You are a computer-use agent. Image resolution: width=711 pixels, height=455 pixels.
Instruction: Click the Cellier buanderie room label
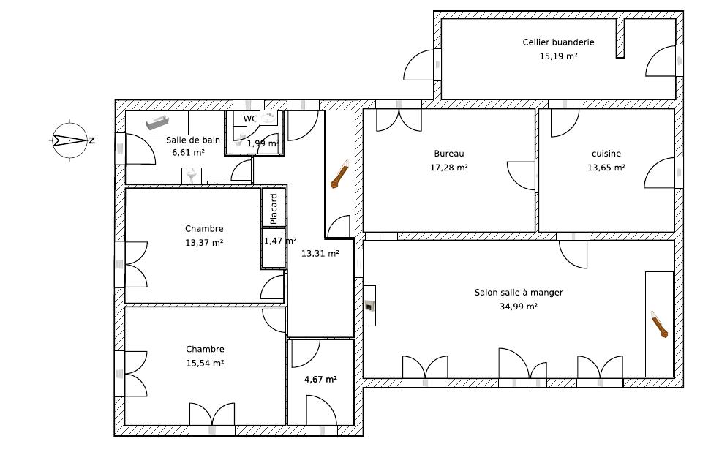pyautogui.click(x=558, y=42)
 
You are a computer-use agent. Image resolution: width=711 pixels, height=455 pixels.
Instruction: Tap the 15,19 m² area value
pyautogui.click(x=558, y=56)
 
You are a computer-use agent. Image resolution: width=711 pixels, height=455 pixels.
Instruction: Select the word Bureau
pyautogui.click(x=449, y=154)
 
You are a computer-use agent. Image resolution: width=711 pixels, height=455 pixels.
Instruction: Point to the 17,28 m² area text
pyautogui.click(x=449, y=168)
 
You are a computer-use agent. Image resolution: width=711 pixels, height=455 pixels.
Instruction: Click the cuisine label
pyautogui.click(x=606, y=154)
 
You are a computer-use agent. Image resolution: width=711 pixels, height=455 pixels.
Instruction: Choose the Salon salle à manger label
pyautogui.click(x=519, y=293)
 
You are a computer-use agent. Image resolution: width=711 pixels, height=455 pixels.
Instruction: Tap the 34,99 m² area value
pyautogui.click(x=519, y=307)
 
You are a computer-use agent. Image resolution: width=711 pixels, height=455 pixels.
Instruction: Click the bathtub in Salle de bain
pyautogui.click(x=157, y=123)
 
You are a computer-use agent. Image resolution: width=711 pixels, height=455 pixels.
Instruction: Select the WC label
pyautogui.click(x=250, y=119)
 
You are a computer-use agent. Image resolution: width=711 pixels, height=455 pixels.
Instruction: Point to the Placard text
pyautogui.click(x=274, y=208)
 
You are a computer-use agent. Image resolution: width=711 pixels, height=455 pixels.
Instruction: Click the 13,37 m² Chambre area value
pyautogui.click(x=204, y=243)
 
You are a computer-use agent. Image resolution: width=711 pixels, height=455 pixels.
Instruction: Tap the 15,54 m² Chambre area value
pyautogui.click(x=205, y=363)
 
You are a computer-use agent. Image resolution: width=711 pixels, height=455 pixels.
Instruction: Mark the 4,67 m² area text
pyautogui.click(x=320, y=379)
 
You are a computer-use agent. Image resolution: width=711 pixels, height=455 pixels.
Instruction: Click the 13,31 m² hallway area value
pyautogui.click(x=320, y=254)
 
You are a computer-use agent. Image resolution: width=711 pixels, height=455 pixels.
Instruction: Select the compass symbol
pyautogui.click(x=69, y=140)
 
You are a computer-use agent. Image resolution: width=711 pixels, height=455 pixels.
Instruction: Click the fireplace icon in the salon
pyautogui.click(x=370, y=306)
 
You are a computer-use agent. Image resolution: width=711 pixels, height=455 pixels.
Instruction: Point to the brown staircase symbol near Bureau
pyautogui.click(x=339, y=174)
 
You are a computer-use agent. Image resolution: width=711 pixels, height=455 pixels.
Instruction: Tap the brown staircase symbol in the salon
pyautogui.click(x=659, y=324)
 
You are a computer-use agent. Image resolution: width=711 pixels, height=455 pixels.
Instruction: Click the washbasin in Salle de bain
pyautogui.click(x=192, y=176)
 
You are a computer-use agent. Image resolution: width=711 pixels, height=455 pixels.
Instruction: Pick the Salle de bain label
pyautogui.click(x=192, y=140)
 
